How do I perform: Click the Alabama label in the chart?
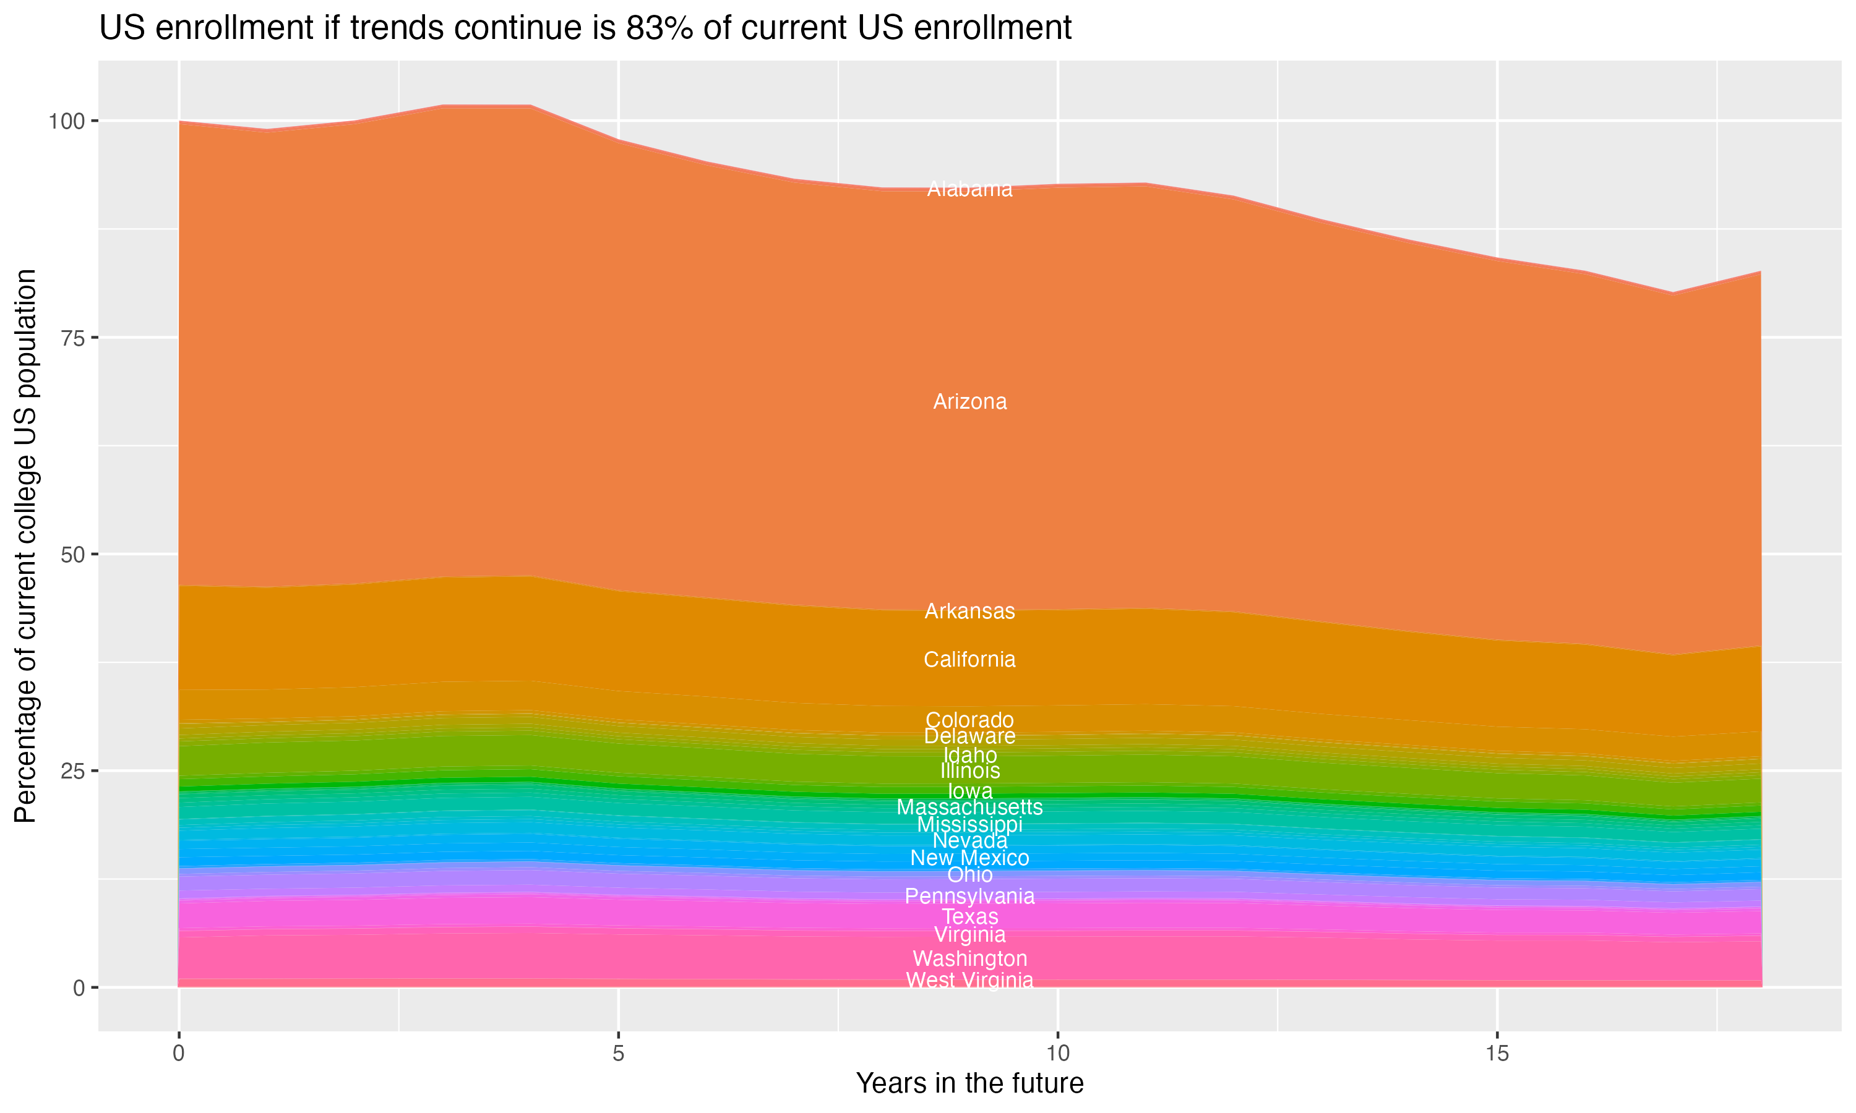(x=969, y=189)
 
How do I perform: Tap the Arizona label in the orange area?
(x=969, y=402)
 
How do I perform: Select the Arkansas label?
(x=969, y=612)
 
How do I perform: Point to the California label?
(x=969, y=659)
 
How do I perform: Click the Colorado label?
(x=969, y=720)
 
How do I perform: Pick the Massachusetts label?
(x=969, y=807)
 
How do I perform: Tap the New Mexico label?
(x=969, y=858)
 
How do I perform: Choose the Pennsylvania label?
(x=969, y=896)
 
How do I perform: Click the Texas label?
(x=969, y=916)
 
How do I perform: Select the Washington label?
(x=969, y=958)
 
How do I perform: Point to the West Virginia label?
(x=969, y=980)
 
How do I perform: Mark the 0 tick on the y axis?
(x=79, y=987)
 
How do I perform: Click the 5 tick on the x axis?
(x=618, y=1054)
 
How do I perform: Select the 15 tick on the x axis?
(x=1497, y=1054)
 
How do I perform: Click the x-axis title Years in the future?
(x=969, y=1083)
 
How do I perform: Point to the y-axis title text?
(x=25, y=545)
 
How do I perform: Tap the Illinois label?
(x=969, y=771)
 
